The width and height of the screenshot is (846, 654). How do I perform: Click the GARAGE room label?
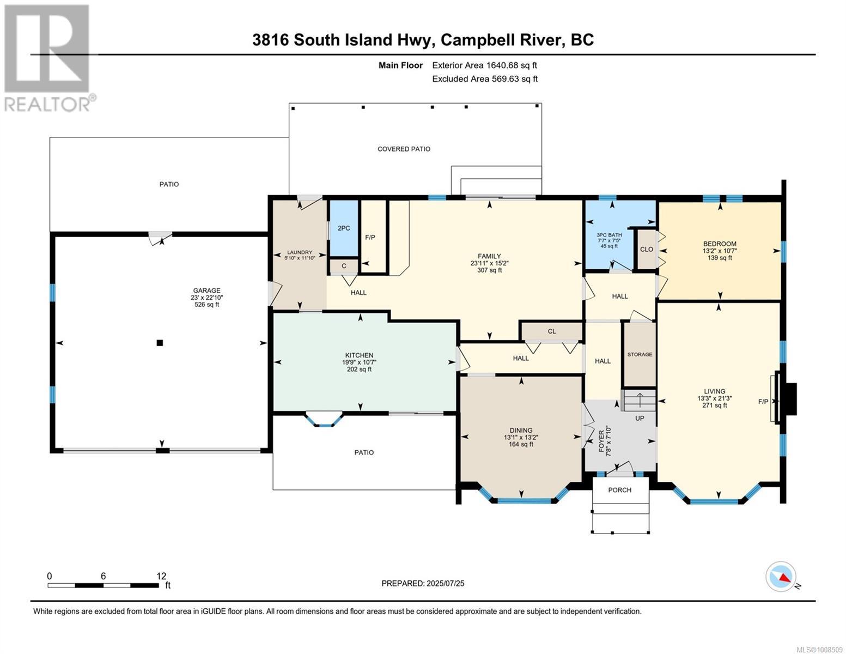click(206, 290)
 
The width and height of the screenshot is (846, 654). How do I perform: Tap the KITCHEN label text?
click(359, 355)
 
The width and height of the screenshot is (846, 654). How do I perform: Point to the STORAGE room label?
click(640, 354)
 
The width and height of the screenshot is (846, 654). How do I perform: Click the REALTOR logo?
click(47, 58)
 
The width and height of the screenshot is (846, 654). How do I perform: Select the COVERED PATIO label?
click(404, 149)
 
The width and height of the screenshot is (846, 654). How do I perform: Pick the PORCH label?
click(619, 490)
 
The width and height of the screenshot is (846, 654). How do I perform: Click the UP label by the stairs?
click(640, 418)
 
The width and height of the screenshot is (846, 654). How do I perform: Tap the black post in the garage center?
click(160, 343)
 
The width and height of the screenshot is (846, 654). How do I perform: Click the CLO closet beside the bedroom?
click(646, 249)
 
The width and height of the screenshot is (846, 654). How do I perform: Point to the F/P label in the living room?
click(763, 402)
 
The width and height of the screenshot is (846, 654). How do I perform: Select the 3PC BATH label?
click(609, 235)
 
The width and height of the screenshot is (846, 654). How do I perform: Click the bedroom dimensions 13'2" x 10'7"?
click(720, 251)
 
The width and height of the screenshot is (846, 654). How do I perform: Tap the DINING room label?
click(521, 431)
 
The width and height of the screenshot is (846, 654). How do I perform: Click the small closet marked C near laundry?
click(344, 266)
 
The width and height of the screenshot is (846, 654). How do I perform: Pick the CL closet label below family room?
click(552, 331)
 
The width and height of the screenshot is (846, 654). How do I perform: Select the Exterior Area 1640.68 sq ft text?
click(484, 65)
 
